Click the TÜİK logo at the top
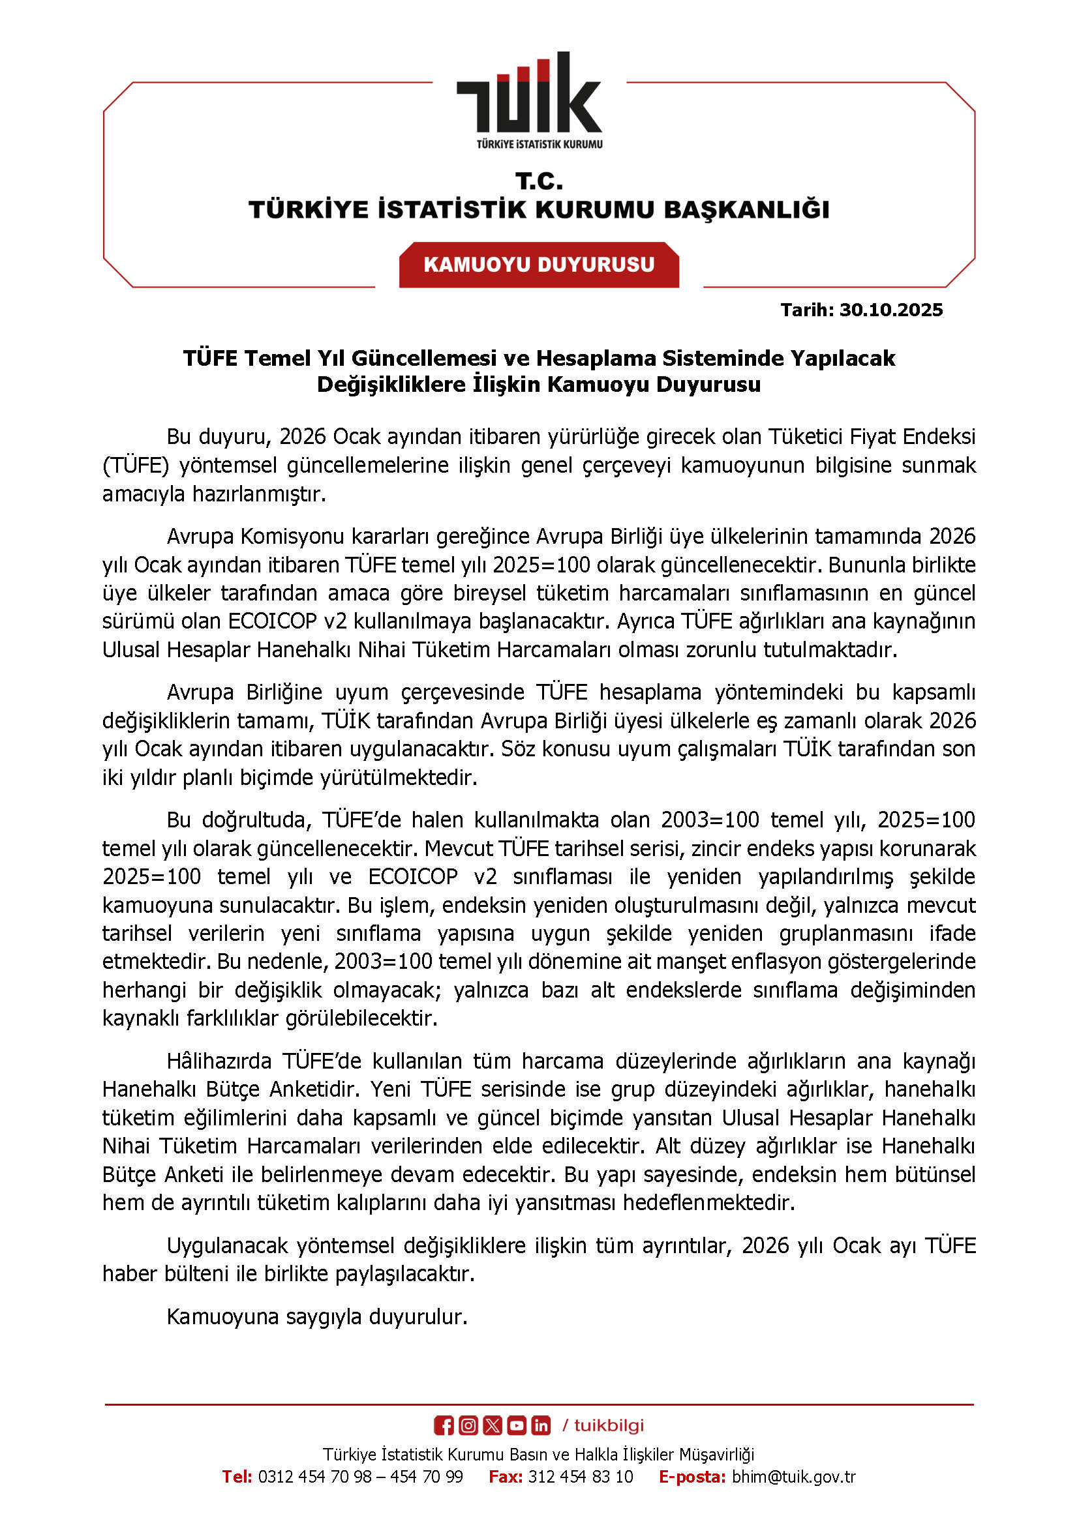click(x=530, y=100)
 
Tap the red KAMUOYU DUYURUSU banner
click(x=539, y=264)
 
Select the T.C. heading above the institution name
click(x=539, y=181)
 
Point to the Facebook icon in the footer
click(x=444, y=1425)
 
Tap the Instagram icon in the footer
click(x=468, y=1425)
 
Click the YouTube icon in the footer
click(x=517, y=1425)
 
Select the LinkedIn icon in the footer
click(x=541, y=1425)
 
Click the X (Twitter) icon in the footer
click(x=493, y=1425)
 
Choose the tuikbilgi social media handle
click(x=609, y=1425)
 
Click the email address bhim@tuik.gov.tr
click(x=793, y=1477)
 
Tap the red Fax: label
click(x=506, y=1477)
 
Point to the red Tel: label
click(x=237, y=1477)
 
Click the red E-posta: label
click(x=691, y=1477)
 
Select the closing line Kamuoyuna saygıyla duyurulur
click(x=317, y=1316)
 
